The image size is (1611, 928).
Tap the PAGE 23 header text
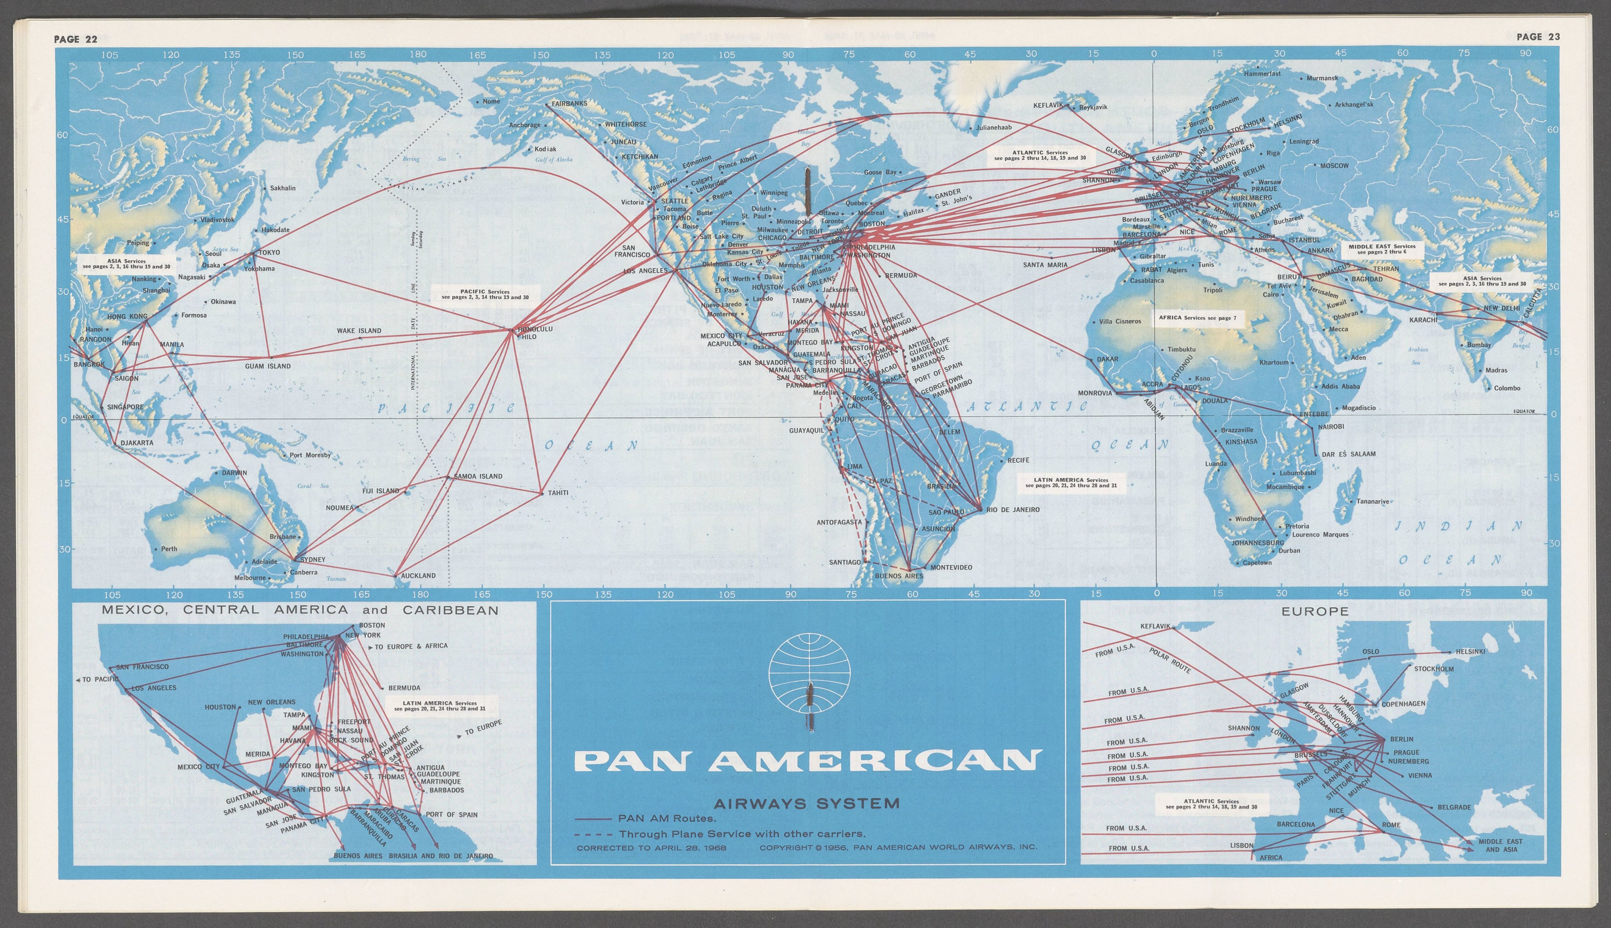point(1538,36)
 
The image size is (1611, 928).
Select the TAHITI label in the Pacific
point(558,493)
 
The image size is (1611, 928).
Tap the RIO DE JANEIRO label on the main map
point(1013,509)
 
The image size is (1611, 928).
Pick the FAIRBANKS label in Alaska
point(569,103)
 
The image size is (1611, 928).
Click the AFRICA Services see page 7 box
point(1197,317)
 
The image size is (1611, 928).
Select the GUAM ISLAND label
point(268,367)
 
